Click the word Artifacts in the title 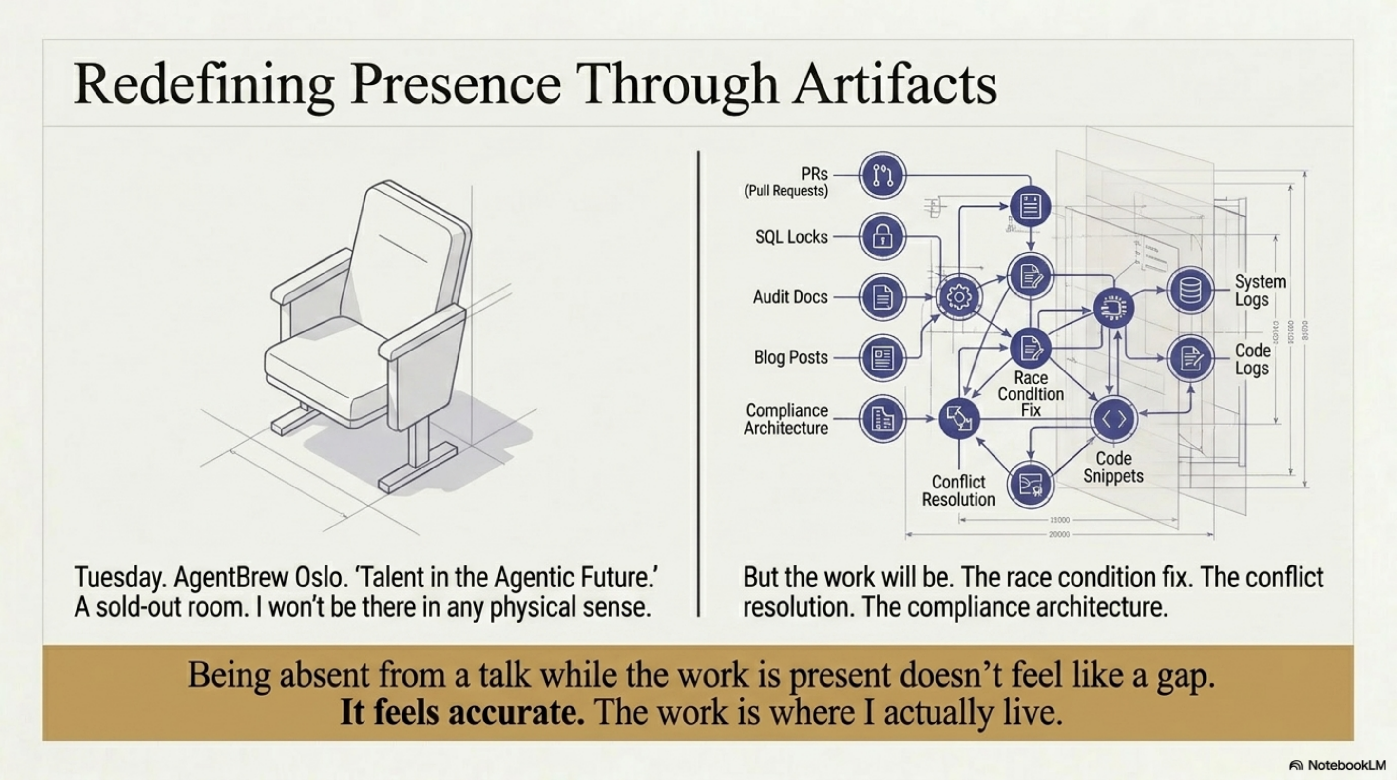[895, 84]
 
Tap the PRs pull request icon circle [882, 175]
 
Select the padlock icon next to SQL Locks [882, 236]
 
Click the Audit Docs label [790, 297]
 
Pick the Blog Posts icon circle [882, 357]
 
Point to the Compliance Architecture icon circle [882, 419]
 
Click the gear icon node [959, 297]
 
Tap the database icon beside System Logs [1190, 291]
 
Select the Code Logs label [1252, 359]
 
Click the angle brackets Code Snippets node [1114, 419]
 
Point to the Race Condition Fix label [1031, 394]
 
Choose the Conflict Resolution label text [958, 490]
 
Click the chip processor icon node [1113, 308]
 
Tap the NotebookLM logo [1344, 765]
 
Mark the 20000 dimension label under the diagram [1059, 534]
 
